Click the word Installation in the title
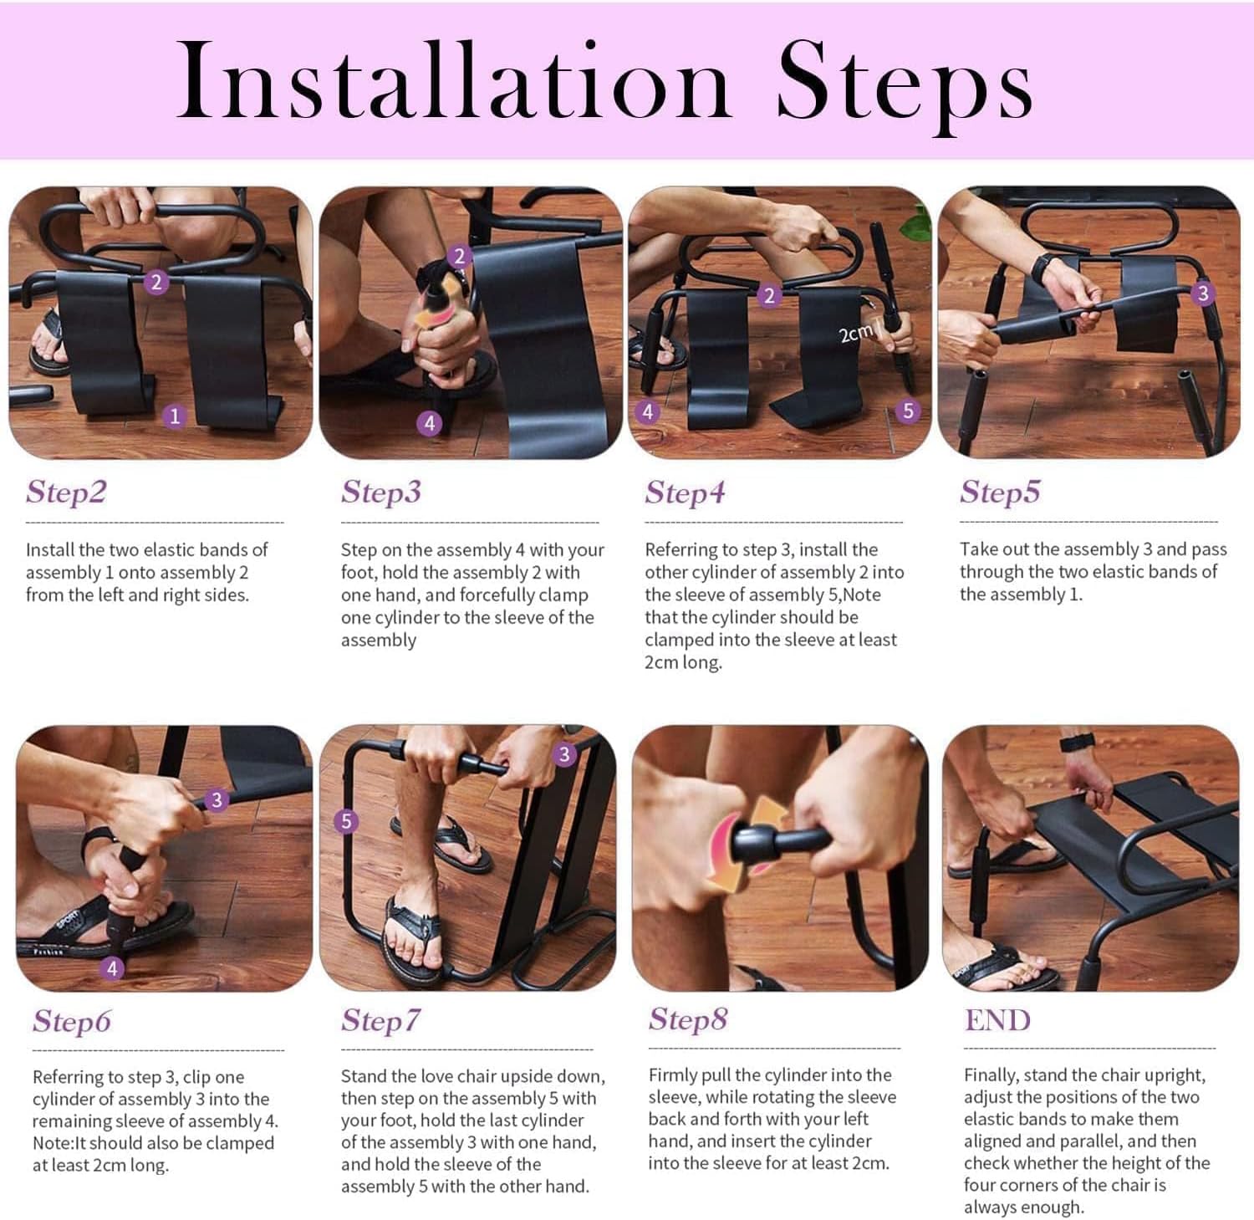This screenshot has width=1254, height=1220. pyautogui.click(x=455, y=81)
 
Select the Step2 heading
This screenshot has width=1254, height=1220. pyautogui.click(x=66, y=493)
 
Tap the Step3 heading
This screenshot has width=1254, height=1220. pyautogui.click(x=381, y=493)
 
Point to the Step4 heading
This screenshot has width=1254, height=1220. pyautogui.click(x=685, y=493)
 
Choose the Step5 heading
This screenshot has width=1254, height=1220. pyautogui.click(x=1000, y=493)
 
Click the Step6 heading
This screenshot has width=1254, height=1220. pyautogui.click(x=72, y=1021)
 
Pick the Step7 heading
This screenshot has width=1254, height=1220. pyautogui.click(x=380, y=1021)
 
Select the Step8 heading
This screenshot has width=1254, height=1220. pyautogui.click(x=688, y=1019)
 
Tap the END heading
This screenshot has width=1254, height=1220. pyautogui.click(x=997, y=1020)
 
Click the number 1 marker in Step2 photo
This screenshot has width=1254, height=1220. pyautogui.click(x=174, y=416)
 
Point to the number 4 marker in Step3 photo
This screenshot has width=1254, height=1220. pyautogui.click(x=429, y=423)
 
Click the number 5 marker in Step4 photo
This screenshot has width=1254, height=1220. pyautogui.click(x=907, y=411)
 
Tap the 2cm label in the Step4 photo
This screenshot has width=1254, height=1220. pyautogui.click(x=854, y=334)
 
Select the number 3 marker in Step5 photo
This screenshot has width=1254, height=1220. pyautogui.click(x=1203, y=293)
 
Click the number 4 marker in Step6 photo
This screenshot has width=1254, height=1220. pyautogui.click(x=112, y=968)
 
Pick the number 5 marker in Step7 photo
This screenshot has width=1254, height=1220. pyautogui.click(x=346, y=821)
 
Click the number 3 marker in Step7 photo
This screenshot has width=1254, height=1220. pyautogui.click(x=564, y=754)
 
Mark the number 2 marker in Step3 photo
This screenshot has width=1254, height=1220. pyautogui.click(x=458, y=256)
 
